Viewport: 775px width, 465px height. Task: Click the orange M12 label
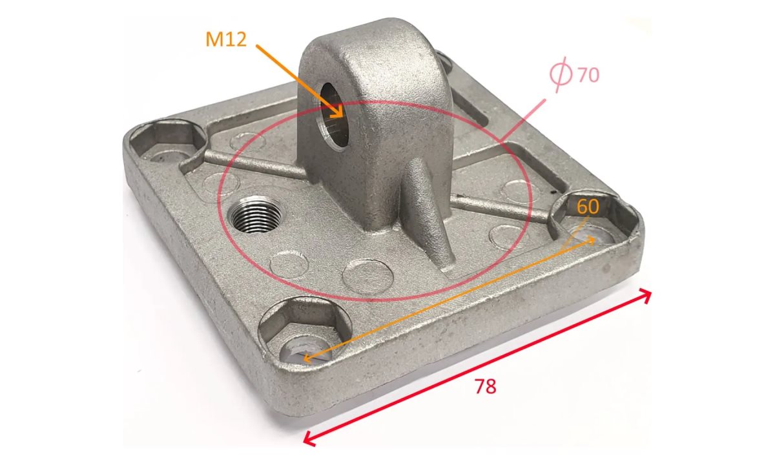[x=226, y=39]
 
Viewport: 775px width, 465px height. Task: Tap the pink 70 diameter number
[x=588, y=75]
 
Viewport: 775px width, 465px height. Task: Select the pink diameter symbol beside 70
[x=561, y=75]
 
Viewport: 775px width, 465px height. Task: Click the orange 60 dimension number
[x=588, y=207]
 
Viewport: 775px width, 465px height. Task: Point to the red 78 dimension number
[x=486, y=386]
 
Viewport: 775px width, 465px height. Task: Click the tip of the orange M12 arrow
[x=342, y=118]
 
